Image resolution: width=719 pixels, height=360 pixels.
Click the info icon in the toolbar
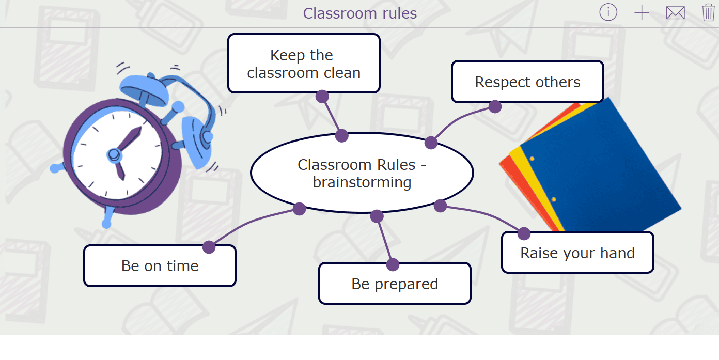(608, 12)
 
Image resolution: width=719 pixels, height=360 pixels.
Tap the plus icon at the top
(642, 13)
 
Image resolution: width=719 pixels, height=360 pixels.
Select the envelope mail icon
(675, 13)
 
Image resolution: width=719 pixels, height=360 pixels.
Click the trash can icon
(708, 12)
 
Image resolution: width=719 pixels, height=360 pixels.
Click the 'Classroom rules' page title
(360, 13)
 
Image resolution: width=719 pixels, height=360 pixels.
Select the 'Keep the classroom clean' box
(304, 63)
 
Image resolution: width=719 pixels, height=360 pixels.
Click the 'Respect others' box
(527, 82)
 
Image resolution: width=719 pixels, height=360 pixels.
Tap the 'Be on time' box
(160, 265)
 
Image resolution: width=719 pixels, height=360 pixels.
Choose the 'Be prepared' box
(395, 284)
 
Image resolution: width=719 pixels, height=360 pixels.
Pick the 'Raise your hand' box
(577, 253)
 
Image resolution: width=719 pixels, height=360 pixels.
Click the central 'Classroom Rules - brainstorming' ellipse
(362, 173)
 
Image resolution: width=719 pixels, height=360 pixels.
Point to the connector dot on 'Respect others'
(495, 106)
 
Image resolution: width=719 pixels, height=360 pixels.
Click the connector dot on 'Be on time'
(209, 247)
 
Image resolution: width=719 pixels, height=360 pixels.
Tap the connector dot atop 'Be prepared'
(393, 264)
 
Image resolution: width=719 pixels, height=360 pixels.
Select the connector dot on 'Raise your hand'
(524, 233)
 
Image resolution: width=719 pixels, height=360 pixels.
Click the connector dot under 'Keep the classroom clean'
(322, 96)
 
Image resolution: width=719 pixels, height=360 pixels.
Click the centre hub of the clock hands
(114, 155)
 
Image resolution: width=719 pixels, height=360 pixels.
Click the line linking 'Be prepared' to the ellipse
(385, 241)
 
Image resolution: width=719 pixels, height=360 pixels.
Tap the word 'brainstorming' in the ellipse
(362, 182)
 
